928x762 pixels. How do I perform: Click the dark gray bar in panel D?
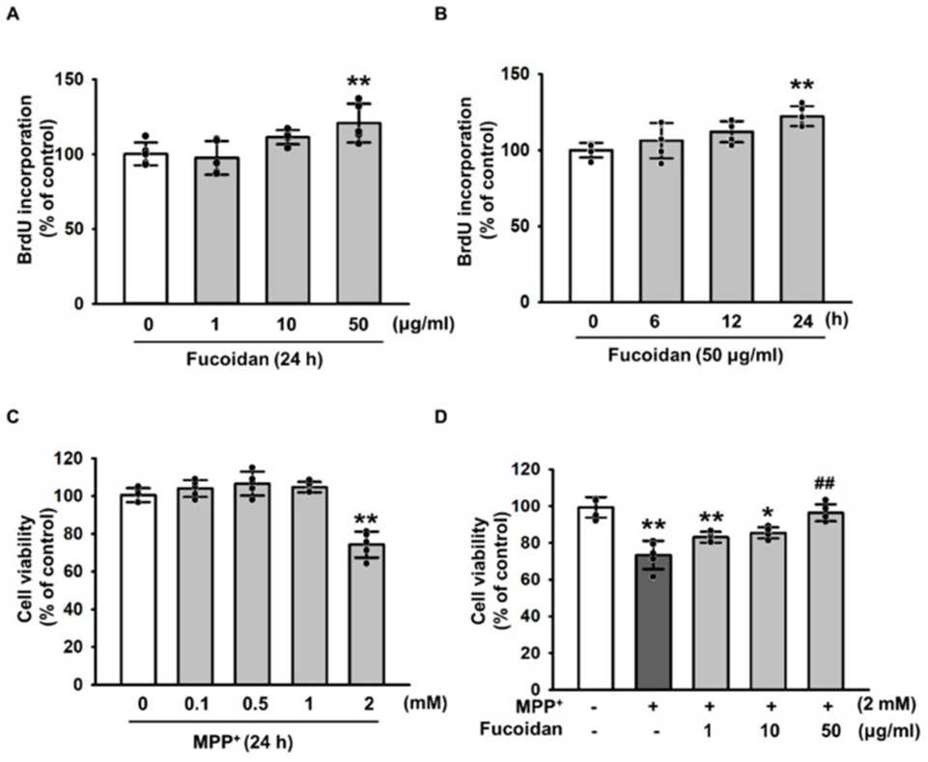point(655,618)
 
